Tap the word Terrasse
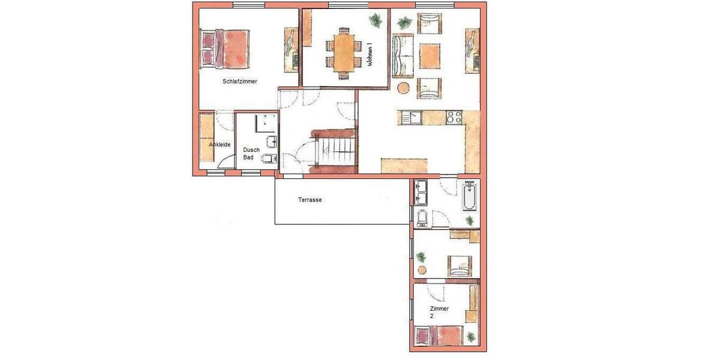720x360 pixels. tap(310, 200)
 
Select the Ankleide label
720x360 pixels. tap(220, 145)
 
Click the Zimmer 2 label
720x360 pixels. tap(439, 311)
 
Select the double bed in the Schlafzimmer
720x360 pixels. tap(226, 49)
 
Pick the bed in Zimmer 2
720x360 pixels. tap(439, 335)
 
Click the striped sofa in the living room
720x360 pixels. tap(403, 56)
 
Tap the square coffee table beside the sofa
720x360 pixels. tap(430, 56)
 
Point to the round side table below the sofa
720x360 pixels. tap(404, 88)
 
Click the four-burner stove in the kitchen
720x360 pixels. tap(453, 118)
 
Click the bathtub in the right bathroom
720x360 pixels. tap(469, 197)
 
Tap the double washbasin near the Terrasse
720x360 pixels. tap(420, 193)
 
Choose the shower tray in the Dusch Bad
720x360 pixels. tap(266, 122)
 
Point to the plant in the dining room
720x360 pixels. tap(376, 21)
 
